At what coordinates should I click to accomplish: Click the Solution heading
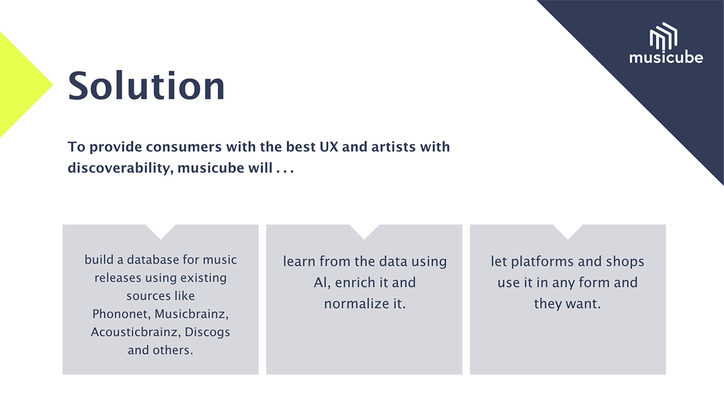coord(146,86)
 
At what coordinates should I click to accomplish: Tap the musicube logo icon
coord(664,36)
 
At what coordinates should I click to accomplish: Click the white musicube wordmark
coord(666,57)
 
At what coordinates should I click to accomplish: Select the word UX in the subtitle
coord(329,147)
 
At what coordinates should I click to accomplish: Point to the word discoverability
coord(121,168)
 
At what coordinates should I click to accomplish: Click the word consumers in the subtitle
coord(183,147)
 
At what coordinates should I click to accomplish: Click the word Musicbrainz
coord(192,314)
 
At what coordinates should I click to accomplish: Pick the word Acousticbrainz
coord(135,332)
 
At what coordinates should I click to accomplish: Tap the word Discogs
coord(207,333)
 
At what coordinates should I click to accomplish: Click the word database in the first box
coord(153,260)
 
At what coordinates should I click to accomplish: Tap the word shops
coord(625,262)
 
